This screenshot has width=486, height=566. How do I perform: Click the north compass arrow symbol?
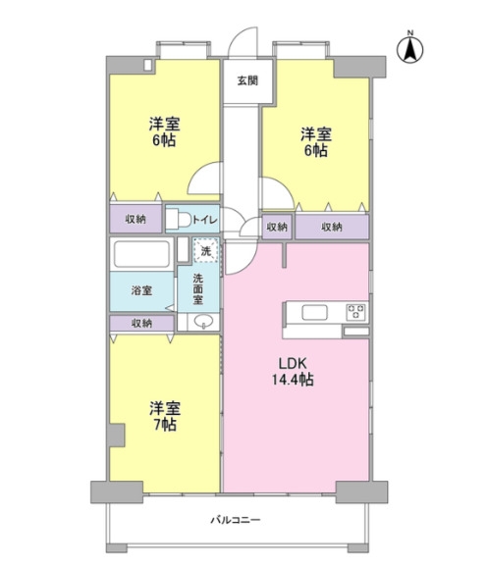410,49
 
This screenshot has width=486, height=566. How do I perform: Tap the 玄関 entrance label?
247,80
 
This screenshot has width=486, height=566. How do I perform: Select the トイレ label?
205,220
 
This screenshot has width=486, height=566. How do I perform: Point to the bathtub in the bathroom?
141,253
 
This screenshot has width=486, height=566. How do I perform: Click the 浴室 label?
141,290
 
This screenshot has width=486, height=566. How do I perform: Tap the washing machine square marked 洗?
206,250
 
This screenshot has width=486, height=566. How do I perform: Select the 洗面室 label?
198,289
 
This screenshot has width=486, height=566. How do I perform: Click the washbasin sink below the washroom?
203,322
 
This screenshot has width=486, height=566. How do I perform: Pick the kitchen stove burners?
356,312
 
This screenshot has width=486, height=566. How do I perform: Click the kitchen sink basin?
315,312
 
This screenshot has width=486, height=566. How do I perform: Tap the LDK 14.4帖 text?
293,371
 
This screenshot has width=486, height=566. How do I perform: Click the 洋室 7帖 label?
165,416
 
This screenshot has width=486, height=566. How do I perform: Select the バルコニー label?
236,520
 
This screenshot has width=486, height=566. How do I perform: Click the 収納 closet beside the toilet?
135,219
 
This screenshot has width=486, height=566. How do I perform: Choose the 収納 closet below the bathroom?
141,323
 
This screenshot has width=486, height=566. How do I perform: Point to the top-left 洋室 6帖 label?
164,131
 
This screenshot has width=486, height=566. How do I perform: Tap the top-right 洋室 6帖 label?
316,142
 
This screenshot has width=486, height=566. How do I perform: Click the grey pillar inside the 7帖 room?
117,436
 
